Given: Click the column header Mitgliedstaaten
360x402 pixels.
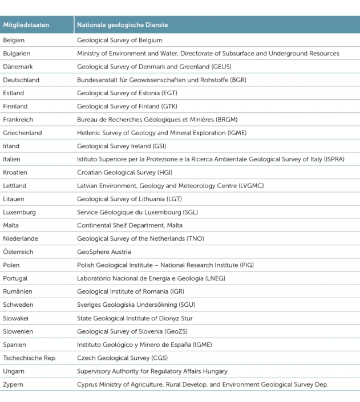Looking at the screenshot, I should pos(26,25).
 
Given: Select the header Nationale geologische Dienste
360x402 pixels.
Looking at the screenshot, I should pos(122,25).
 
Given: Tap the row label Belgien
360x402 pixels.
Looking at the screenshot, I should pos(14,40).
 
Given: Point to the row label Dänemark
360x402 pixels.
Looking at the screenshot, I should pos(18,67).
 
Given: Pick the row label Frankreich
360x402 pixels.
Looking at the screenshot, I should pos(19,120).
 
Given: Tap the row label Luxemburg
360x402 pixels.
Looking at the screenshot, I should pos(19,212).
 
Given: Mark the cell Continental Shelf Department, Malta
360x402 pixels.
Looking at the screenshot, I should pos(130,225).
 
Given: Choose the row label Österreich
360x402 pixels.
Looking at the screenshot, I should pos(19,251).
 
